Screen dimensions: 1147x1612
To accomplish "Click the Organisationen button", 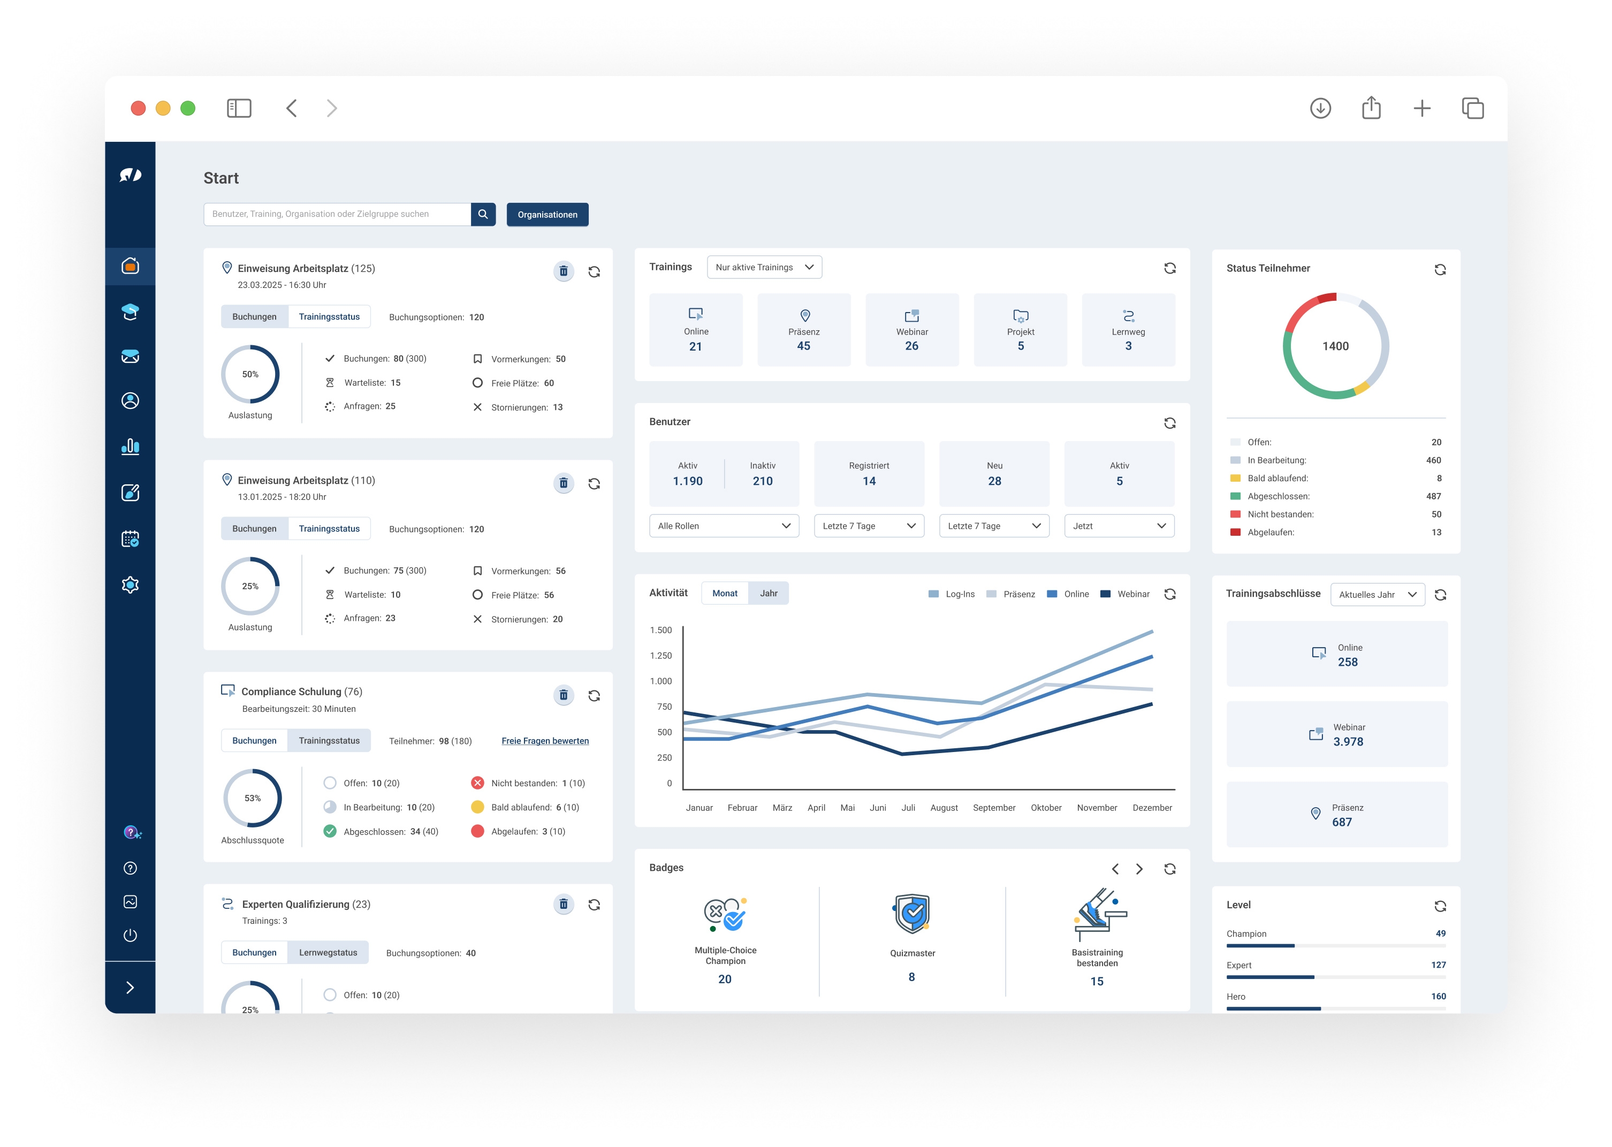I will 547,215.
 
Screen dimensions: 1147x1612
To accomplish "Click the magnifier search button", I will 483,214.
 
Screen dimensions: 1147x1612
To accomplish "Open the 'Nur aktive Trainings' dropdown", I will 764,267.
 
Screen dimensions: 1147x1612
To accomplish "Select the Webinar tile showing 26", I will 911,330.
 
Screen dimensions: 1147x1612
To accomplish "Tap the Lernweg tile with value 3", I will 1128,330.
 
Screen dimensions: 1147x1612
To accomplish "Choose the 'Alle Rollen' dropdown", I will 724,526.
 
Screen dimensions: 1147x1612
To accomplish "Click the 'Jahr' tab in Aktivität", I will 768,593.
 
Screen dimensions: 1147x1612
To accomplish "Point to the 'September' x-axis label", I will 993,808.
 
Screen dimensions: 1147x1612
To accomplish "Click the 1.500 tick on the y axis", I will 661,630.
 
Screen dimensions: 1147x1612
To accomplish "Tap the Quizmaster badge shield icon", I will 911,913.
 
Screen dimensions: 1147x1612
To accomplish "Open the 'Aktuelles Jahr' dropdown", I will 1377,595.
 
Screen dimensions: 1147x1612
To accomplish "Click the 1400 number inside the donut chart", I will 1335,346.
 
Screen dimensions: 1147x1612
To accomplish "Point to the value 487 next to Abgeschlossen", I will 1433,497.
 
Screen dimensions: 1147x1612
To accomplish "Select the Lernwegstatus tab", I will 328,953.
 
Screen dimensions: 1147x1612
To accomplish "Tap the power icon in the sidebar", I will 130,936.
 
